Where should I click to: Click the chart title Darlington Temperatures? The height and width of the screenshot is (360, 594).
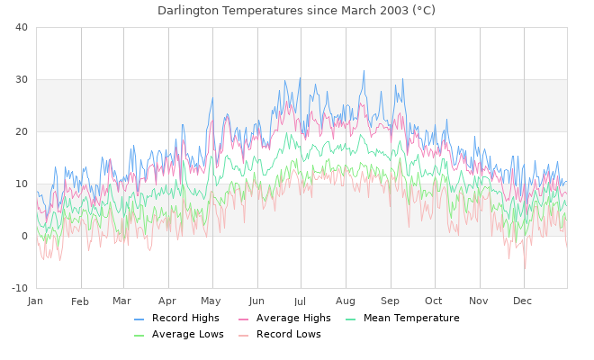[296, 11]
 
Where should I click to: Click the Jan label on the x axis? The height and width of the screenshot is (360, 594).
[36, 301]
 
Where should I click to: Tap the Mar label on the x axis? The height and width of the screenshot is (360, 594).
[122, 301]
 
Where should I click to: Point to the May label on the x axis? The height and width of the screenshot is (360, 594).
[211, 301]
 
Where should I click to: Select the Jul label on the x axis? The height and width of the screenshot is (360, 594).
[300, 301]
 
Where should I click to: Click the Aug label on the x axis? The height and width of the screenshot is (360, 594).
[346, 301]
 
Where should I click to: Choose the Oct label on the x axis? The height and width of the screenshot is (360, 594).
[434, 301]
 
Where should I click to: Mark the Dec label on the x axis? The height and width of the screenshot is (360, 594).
[522, 301]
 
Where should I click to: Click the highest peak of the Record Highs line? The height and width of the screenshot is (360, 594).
[364, 70]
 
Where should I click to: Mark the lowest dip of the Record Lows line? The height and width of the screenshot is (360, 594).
[525, 269]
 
